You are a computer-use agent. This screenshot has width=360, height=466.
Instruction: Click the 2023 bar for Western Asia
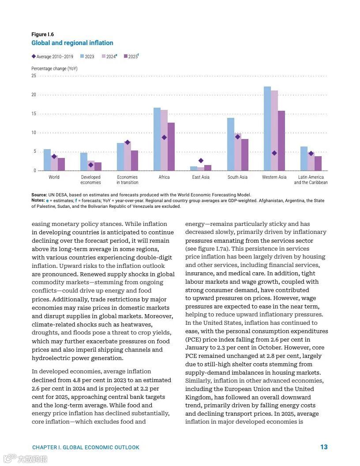tap(267, 128)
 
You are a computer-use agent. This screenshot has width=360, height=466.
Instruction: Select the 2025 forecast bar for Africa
tap(171, 147)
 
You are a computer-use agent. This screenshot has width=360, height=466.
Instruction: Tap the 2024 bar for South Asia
tap(237, 152)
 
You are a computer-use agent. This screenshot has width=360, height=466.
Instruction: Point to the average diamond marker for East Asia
tap(201, 161)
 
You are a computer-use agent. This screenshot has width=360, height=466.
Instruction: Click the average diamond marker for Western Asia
tap(274, 153)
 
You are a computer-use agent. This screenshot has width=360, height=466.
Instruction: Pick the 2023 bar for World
tap(47, 160)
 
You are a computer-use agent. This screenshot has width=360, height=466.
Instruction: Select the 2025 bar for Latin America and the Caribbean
tap(318, 163)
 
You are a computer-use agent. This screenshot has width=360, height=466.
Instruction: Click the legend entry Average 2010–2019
tap(52, 56)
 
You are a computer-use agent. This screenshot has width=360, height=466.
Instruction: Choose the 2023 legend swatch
tap(82, 56)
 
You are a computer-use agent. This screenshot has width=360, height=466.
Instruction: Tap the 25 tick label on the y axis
tap(34, 76)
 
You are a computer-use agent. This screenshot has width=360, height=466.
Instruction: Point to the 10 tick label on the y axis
tap(34, 132)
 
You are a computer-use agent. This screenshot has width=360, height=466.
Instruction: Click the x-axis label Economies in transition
tap(127, 180)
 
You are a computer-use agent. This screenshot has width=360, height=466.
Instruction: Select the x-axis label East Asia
tap(201, 177)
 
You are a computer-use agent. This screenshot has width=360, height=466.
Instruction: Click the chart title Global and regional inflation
tap(72, 43)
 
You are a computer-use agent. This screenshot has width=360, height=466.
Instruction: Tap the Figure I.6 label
tap(43, 34)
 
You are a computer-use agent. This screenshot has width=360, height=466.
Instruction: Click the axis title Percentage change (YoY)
tap(55, 69)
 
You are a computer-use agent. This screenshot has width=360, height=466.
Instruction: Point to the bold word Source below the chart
tap(39, 195)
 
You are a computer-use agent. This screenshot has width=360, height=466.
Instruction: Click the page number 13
tap(324, 447)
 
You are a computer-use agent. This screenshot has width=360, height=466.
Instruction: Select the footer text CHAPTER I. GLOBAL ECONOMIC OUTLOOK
tap(86, 447)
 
